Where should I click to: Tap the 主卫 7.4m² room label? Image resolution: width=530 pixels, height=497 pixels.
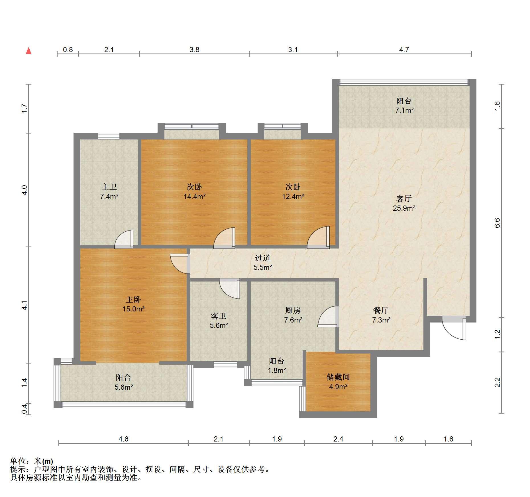109,192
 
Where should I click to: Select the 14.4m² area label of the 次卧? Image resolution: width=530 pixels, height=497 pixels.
195,196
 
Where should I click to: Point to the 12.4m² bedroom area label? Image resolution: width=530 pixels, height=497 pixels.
293,196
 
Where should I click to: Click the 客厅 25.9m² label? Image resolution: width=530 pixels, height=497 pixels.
404,203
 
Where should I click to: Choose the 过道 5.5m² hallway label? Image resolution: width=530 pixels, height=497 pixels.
263,262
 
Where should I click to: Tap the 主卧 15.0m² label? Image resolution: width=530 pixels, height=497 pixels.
134,304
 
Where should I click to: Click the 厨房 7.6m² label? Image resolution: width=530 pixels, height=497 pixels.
293,315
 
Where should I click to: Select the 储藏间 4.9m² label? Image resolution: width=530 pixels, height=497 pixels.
338,382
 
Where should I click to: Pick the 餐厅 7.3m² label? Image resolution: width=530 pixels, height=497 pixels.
381,315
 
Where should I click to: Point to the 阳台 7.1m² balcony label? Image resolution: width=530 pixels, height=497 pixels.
404,105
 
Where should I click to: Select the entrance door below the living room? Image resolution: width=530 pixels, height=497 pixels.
454,328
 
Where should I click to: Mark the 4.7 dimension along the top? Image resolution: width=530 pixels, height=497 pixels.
404,50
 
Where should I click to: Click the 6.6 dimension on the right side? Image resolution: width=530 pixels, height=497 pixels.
497,223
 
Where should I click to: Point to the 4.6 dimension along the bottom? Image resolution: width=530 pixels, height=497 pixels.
123,439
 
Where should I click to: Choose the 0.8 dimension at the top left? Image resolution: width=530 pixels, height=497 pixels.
68,50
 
